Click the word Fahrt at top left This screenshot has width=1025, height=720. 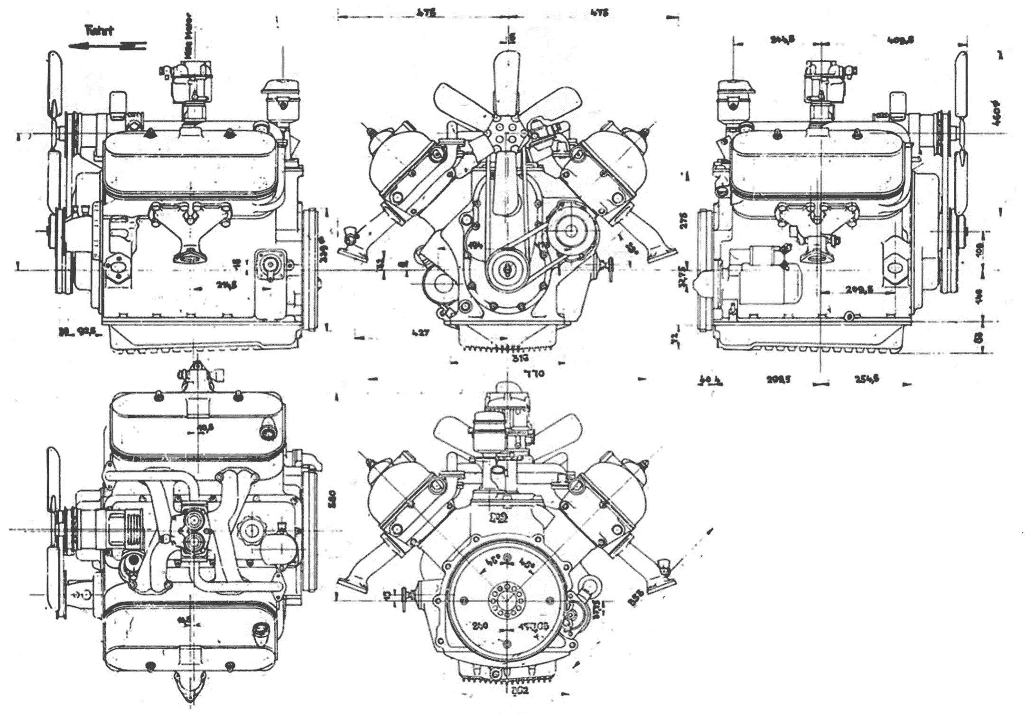tap(99, 31)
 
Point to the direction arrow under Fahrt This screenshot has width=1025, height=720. tap(107, 46)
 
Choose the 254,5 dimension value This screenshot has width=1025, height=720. tap(867, 379)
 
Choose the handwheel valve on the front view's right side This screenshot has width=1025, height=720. tap(609, 270)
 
